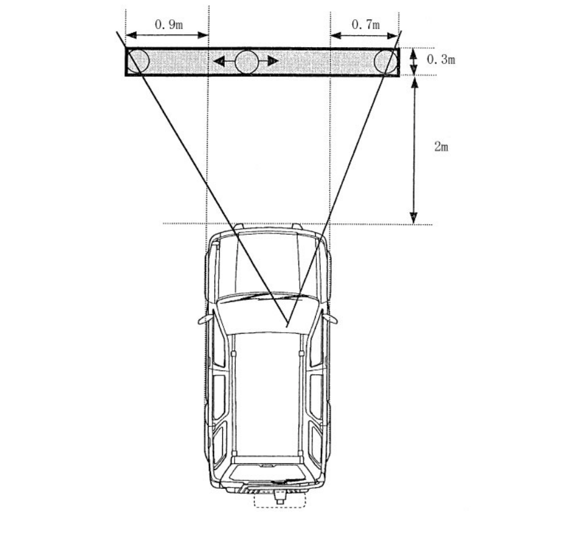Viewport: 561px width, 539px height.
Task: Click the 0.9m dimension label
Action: click(169, 24)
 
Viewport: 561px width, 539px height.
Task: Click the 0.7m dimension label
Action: click(366, 24)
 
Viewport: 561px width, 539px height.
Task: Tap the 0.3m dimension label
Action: click(441, 59)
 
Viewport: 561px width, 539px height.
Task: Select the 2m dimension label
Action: click(441, 146)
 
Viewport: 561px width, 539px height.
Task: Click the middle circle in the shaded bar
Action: click(247, 61)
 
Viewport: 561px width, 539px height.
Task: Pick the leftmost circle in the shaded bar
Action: click(137, 61)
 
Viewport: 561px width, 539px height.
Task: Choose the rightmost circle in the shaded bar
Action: click(386, 61)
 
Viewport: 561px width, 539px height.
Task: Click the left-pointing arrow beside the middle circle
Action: click(224, 61)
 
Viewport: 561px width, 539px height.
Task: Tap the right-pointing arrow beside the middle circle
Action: click(268, 61)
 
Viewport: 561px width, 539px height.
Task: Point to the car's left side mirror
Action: click(205, 319)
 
